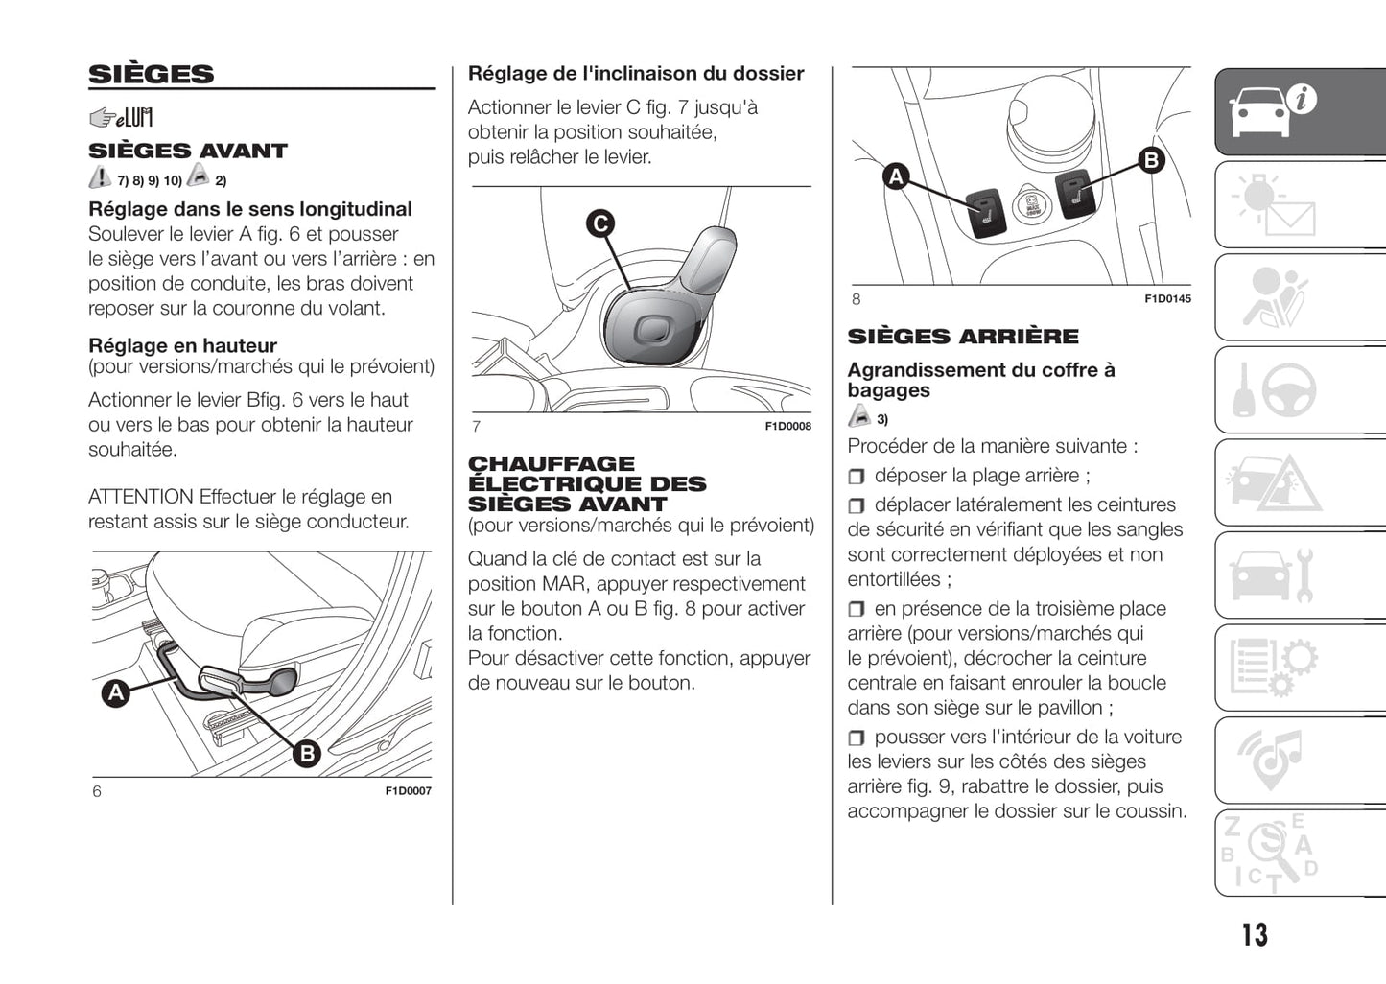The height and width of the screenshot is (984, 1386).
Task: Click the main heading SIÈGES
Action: point(152,75)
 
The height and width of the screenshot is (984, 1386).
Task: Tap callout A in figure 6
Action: point(116,692)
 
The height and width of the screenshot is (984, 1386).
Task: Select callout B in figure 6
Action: point(307,754)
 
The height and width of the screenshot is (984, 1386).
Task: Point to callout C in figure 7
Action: point(600,223)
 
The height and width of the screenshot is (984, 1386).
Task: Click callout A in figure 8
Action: point(896,176)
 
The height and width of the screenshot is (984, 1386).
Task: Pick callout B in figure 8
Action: point(1151,160)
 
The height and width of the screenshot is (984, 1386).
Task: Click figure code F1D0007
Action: point(409,791)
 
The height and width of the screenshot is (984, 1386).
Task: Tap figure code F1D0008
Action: point(787,427)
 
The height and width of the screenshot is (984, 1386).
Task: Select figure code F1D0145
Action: point(1167,299)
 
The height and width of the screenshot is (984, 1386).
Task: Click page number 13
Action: point(1255,935)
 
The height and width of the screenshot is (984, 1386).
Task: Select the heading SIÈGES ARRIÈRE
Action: point(963,337)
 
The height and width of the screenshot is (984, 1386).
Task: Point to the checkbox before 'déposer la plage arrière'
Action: point(857,477)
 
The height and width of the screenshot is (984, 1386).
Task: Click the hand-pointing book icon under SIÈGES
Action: point(121,118)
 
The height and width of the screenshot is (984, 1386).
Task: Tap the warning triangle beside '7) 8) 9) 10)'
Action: point(100,177)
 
